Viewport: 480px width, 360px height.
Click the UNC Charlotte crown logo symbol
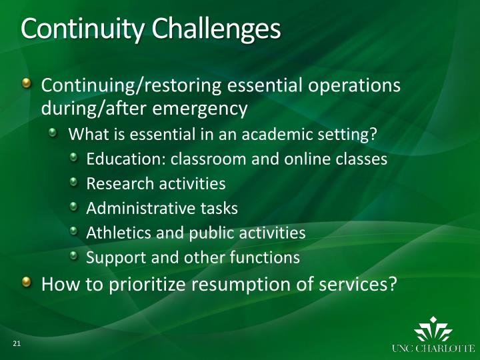pyautogui.click(x=433, y=331)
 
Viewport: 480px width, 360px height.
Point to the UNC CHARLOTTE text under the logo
pyautogui.click(x=433, y=348)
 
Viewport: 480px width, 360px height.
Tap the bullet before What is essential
pyautogui.click(x=57, y=134)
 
